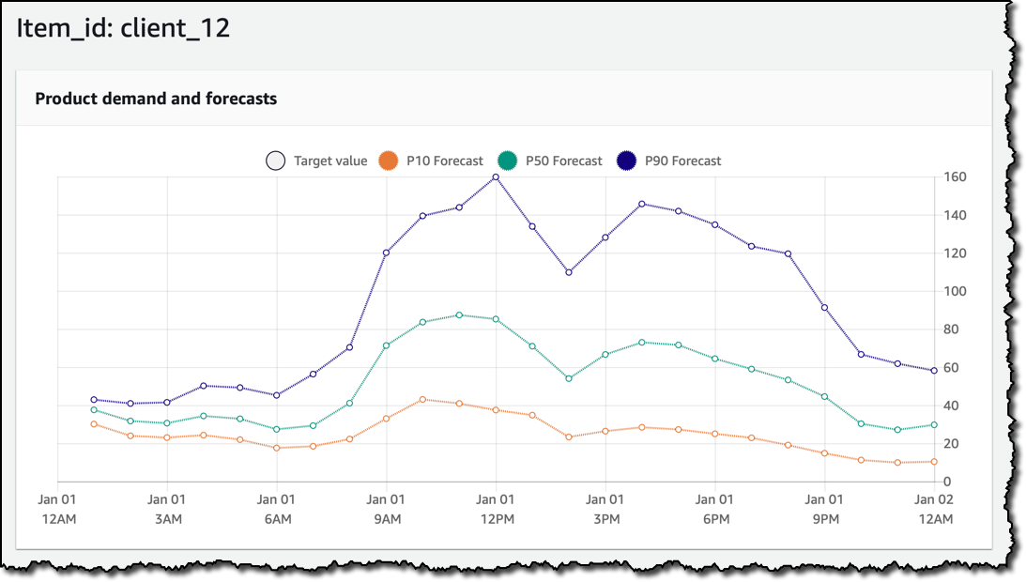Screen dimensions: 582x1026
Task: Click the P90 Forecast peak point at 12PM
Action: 496,177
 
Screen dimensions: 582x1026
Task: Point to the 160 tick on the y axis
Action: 955,177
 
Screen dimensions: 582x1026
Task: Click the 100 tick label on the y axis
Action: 955,292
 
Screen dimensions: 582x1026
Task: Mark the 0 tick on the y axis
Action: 947,482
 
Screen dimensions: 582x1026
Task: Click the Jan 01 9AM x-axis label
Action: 386,510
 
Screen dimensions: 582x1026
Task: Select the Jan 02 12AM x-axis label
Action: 934,510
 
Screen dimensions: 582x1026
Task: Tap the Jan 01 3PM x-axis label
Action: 605,510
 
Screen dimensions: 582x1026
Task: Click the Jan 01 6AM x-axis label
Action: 276,510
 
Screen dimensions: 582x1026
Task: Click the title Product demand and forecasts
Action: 156,99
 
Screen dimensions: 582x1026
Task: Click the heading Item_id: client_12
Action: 123,28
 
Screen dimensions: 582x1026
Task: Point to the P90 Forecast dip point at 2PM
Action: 569,272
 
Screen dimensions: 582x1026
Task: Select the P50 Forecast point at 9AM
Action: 386,345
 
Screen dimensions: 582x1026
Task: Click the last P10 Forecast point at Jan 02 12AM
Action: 934,462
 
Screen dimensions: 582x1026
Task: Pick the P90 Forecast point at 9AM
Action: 386,253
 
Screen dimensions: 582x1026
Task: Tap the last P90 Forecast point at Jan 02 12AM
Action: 934,371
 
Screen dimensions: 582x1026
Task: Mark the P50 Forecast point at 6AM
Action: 276,430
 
